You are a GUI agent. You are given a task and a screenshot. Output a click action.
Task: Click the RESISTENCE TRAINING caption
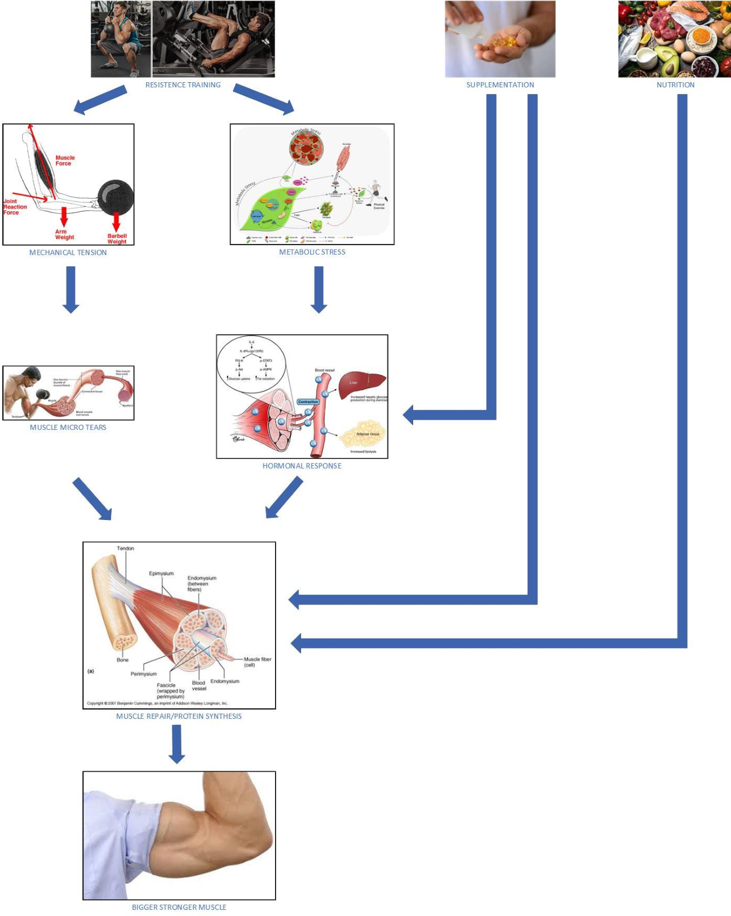click(x=183, y=85)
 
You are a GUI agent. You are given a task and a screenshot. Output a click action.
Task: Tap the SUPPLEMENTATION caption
click(x=500, y=85)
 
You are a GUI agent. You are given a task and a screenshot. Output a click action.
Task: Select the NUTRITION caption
click(x=675, y=85)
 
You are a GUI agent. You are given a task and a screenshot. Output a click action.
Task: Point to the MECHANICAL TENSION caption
click(x=68, y=252)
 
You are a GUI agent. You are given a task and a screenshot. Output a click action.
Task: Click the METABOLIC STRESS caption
click(x=312, y=252)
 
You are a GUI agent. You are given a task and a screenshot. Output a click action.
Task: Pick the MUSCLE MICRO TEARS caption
click(x=68, y=427)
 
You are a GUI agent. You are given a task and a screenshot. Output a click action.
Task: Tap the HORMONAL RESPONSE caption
click(x=302, y=466)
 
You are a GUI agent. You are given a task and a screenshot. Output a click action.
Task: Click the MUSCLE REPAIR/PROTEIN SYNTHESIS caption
click(x=179, y=716)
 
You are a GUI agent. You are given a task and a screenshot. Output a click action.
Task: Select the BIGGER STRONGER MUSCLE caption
click(x=179, y=907)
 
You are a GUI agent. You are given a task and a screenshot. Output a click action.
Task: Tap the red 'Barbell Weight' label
click(x=117, y=239)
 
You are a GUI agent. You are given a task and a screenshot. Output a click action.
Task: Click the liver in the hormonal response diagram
click(x=362, y=384)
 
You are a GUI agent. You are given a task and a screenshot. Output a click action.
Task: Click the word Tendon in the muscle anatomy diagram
click(x=125, y=548)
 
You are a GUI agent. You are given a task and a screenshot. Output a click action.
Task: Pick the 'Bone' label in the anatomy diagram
click(x=122, y=660)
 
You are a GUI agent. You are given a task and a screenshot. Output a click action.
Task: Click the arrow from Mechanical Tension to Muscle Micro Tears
click(x=70, y=289)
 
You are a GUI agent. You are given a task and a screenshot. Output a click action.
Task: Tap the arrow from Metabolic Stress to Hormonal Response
click(x=318, y=289)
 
